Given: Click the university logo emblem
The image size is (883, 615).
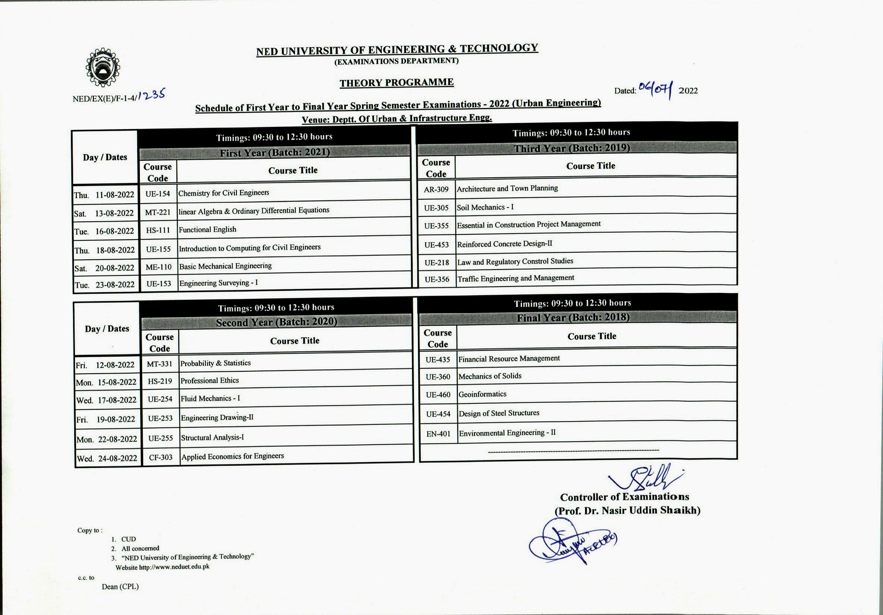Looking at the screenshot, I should tap(102, 67).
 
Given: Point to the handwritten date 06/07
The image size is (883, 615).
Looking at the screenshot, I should tap(655, 90).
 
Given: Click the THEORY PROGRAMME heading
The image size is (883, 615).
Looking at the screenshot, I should tap(396, 82).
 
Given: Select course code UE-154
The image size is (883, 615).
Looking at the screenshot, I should tap(158, 194).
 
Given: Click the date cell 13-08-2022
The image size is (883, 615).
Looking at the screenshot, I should tap(114, 213).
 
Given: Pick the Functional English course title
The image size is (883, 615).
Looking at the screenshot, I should tap(207, 230).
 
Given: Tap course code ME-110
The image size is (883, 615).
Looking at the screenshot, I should tap(158, 267).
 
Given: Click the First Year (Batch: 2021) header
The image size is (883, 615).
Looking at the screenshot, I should tap(274, 153).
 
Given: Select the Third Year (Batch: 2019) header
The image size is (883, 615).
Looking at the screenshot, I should tap(572, 148).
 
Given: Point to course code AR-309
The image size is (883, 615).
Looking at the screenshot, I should tap(436, 189).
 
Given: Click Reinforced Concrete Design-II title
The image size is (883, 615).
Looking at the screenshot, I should tap(504, 244).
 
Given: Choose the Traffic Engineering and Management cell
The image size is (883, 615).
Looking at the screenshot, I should tap(515, 278).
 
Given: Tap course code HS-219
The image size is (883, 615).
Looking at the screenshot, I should tap(160, 381).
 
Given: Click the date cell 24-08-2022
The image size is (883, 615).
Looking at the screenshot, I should tap(117, 458).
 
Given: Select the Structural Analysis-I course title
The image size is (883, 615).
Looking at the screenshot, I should tap(212, 438).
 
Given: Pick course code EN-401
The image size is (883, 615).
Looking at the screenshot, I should tap(438, 434).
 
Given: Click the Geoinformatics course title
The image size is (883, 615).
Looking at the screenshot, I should tap(482, 394).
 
